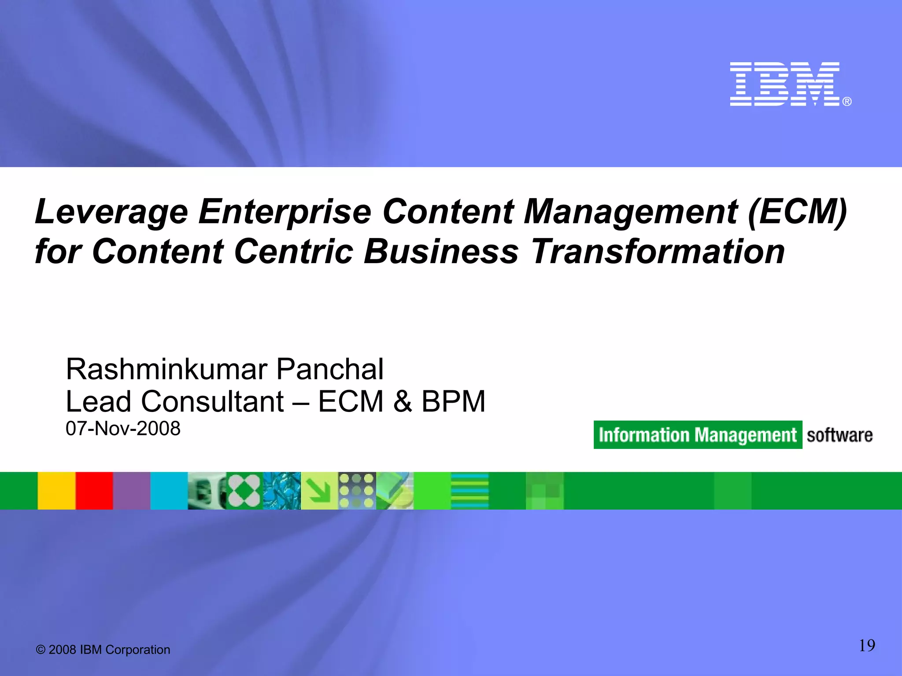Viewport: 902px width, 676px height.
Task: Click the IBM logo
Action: pos(786,84)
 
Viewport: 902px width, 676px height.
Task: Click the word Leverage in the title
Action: pos(111,212)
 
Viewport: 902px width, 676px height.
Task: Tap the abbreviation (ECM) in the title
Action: pos(797,212)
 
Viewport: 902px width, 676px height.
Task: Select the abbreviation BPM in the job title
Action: pos(453,401)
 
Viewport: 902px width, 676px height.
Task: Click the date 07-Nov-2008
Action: pos(123,429)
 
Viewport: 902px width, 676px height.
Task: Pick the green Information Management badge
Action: pos(698,435)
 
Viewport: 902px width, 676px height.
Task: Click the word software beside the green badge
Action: pos(839,435)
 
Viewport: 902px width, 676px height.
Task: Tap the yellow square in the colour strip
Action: pos(56,491)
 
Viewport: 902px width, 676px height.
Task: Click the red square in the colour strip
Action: pos(94,491)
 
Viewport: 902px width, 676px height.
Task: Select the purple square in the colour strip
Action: pos(132,491)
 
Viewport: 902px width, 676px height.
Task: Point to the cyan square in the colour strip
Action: pos(169,491)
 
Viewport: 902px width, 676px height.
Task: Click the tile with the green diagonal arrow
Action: pos(319,491)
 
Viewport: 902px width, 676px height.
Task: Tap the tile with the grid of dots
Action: pos(357,491)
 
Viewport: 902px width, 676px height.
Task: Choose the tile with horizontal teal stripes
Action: pos(470,491)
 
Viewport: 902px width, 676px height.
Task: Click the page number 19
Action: pos(867,646)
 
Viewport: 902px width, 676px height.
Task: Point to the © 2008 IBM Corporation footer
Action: pos(103,650)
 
